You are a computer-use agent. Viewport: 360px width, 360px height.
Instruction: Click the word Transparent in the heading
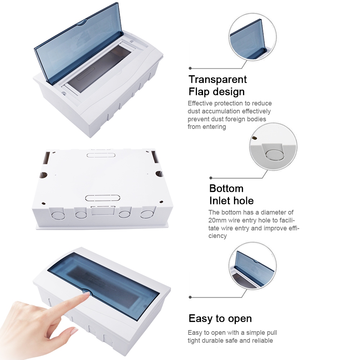click(218, 80)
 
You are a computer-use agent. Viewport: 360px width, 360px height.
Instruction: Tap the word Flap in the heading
click(199, 91)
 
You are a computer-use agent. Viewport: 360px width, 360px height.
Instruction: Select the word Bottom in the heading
click(226, 189)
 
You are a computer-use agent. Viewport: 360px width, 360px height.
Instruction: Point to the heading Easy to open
click(220, 319)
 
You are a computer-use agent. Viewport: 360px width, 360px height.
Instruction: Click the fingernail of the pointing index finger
click(86, 293)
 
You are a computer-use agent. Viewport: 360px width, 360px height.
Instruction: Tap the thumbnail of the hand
click(74, 330)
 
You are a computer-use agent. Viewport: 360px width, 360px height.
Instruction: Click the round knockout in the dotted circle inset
click(275, 154)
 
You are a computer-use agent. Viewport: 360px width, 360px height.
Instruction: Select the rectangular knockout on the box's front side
click(103, 211)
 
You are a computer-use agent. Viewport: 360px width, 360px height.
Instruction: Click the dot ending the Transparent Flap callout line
click(190, 68)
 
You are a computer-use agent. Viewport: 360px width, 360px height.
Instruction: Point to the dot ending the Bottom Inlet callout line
click(211, 178)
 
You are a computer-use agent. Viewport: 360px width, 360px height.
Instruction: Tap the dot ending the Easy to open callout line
click(190, 297)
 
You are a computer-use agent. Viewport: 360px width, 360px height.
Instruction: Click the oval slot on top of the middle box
click(101, 155)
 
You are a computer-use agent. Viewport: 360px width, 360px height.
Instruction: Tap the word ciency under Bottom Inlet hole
click(217, 236)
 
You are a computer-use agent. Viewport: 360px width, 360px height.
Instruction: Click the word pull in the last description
click(271, 333)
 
